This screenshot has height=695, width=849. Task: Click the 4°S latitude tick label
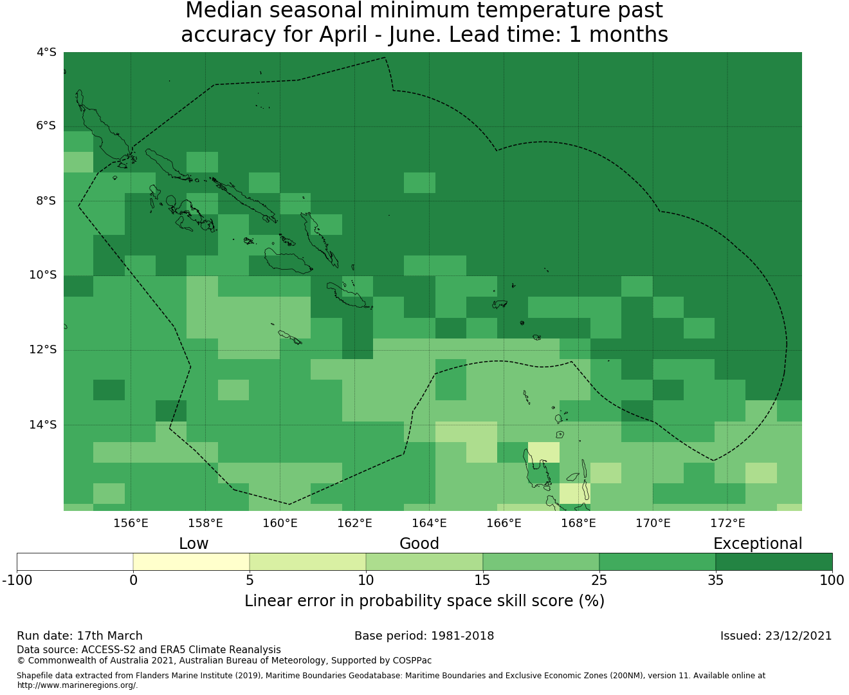tap(46, 52)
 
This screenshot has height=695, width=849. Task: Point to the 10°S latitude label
tap(42, 275)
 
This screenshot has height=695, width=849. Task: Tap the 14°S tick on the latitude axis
tap(42, 425)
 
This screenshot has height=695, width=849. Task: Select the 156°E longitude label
tap(131, 523)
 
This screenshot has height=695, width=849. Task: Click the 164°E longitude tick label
tap(429, 523)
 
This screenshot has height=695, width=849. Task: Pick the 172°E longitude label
tap(727, 523)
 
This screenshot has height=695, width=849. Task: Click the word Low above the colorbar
tap(194, 544)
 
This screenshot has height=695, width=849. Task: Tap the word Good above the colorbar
tap(419, 544)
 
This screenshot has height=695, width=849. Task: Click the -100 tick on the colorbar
tap(17, 580)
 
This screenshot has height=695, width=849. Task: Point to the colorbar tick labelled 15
tap(482, 580)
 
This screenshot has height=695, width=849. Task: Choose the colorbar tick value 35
tap(715, 580)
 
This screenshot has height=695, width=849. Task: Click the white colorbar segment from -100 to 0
tap(75, 562)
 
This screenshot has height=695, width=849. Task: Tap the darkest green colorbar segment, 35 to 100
tap(774, 562)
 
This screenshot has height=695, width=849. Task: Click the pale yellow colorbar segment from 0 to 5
tap(191, 562)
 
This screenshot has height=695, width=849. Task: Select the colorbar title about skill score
tap(424, 601)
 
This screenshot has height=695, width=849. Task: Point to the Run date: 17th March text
tap(80, 636)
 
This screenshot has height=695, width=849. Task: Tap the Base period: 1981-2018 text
tap(424, 636)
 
